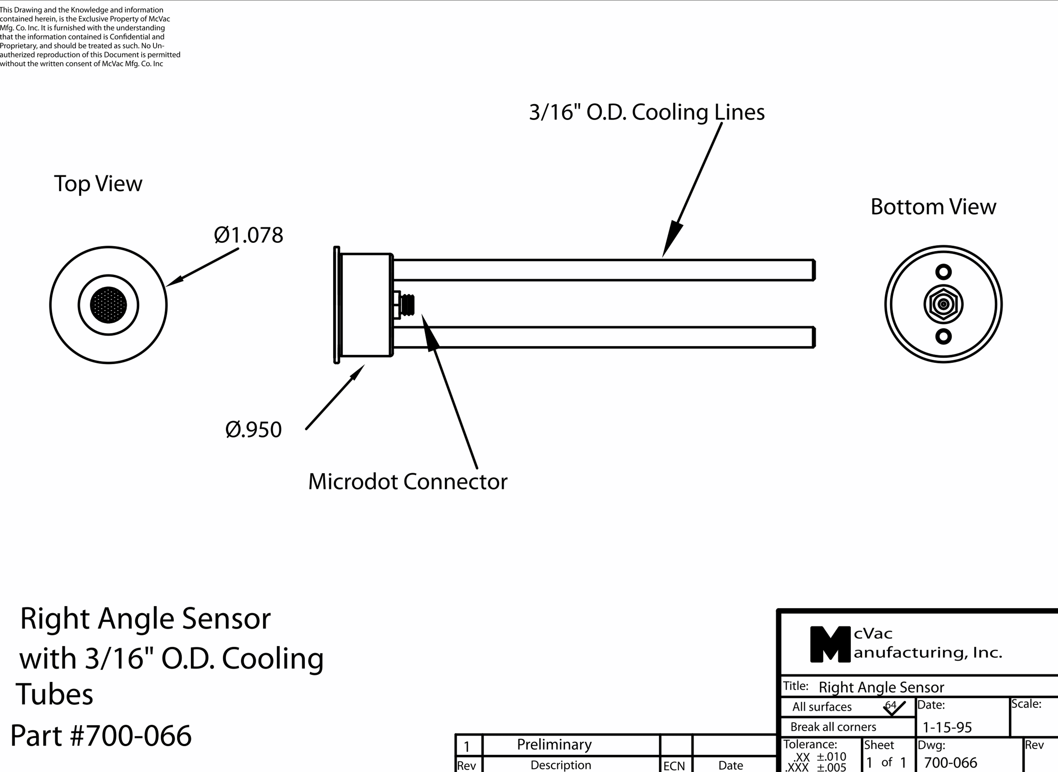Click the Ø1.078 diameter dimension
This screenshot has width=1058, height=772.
[x=248, y=235]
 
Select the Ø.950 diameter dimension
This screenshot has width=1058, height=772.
[x=253, y=430]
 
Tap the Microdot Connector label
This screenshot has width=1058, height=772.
[x=407, y=482]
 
